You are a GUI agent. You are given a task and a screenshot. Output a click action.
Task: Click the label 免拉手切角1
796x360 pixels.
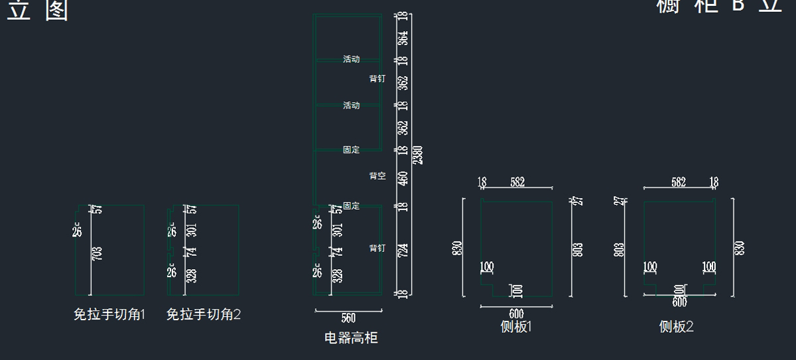[x=109, y=315]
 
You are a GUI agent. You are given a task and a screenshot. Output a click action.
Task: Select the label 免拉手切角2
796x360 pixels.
[x=204, y=315]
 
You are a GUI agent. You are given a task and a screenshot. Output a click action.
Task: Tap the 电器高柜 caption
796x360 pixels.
[x=351, y=338]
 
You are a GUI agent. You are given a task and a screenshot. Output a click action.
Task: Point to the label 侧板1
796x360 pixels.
[x=517, y=326]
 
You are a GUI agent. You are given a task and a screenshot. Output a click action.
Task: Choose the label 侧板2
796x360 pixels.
[x=677, y=326]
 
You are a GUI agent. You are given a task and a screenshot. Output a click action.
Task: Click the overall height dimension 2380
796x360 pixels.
[x=417, y=154]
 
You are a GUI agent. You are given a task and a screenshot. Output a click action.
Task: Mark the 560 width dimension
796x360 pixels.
[x=348, y=318]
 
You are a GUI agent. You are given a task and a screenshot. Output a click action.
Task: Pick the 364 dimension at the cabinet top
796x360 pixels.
[x=403, y=38]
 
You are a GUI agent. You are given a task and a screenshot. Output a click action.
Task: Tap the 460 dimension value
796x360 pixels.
[x=403, y=178]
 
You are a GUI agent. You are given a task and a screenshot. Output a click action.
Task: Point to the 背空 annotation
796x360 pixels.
[x=377, y=176]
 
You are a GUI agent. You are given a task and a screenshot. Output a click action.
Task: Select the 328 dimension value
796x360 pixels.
[x=191, y=275]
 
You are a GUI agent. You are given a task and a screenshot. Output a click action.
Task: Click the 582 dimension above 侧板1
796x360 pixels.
[x=517, y=182]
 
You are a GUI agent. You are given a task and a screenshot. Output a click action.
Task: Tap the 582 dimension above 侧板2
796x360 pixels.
[x=679, y=182]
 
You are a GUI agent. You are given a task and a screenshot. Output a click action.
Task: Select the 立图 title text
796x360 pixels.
[x=38, y=11]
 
